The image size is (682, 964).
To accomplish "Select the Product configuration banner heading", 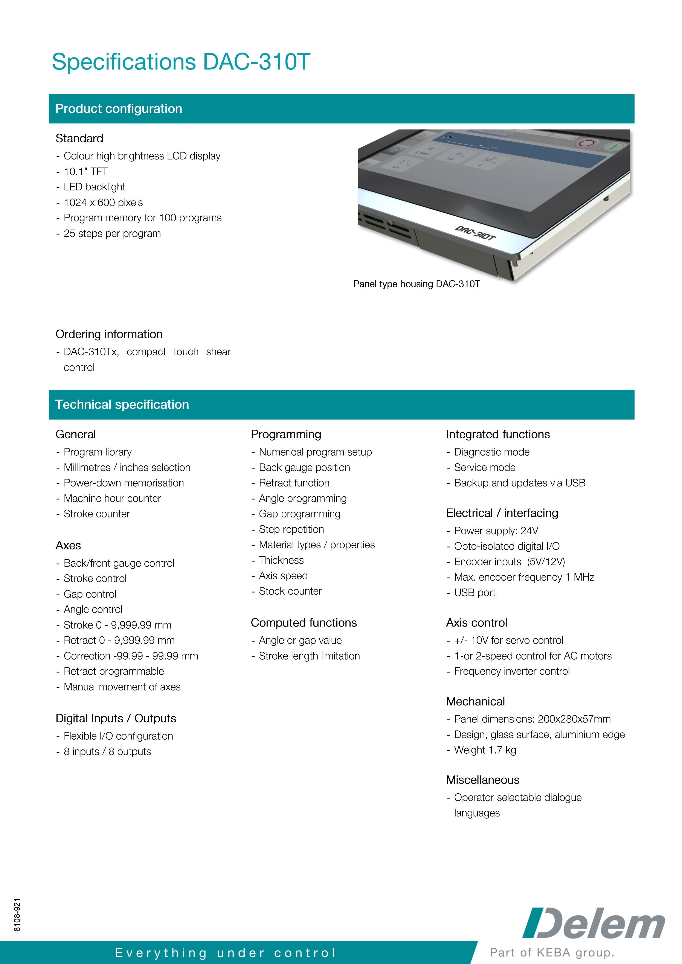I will [119, 109].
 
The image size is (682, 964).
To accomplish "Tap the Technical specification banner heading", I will [122, 404].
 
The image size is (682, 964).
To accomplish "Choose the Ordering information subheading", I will [109, 334].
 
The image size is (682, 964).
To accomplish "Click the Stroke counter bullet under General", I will [97, 514].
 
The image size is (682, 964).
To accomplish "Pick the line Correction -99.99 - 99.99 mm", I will [131, 656].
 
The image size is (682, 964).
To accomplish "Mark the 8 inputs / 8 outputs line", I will [107, 751].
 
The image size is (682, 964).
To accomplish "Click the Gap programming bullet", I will [299, 514].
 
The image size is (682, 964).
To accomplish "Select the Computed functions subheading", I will [304, 623].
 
